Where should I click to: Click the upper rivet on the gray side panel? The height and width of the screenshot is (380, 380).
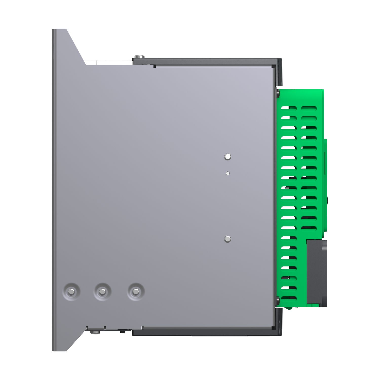pos(228,157)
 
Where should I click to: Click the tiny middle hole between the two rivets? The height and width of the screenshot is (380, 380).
pos(228,173)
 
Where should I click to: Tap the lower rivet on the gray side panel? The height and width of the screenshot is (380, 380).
pos(227,239)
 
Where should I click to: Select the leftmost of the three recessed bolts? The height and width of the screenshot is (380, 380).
pos(71,292)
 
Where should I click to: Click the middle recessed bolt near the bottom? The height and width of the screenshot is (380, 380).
pos(102,292)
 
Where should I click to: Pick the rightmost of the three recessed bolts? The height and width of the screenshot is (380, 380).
pos(136,292)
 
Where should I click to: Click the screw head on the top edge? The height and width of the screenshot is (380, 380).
pos(139,56)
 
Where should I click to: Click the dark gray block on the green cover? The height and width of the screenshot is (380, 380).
pos(316,272)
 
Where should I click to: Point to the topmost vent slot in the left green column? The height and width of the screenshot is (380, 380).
pos(289,108)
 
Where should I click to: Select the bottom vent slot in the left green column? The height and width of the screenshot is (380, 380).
pos(289,298)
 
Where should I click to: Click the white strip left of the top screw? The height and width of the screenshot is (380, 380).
pos(109,62)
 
